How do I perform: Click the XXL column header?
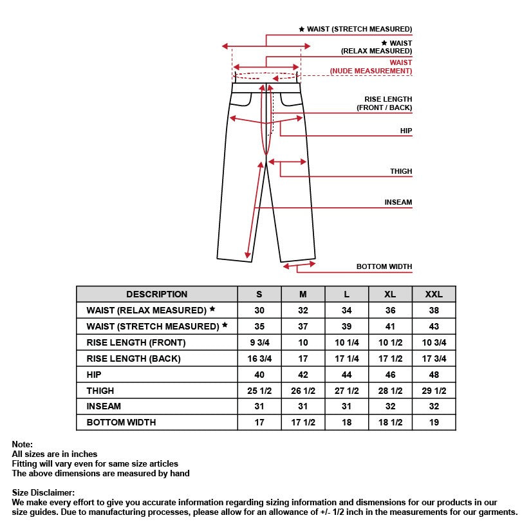[434, 294]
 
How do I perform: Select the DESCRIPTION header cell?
[156, 294]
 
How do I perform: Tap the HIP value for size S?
[259, 374]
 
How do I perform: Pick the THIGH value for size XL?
[390, 391]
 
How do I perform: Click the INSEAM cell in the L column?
[346, 406]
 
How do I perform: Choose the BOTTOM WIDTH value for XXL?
[434, 422]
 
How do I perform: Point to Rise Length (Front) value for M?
[303, 342]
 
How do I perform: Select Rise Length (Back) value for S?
[259, 359]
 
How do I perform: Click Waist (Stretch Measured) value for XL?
[390, 326]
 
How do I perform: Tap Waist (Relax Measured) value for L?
[346, 310]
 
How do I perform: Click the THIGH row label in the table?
[100, 391]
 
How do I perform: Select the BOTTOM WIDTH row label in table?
[121, 422]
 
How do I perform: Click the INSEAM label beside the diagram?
[398, 202]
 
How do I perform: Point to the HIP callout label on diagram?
[405, 131]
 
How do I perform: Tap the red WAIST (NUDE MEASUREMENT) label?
[372, 67]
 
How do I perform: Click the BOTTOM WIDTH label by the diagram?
[384, 266]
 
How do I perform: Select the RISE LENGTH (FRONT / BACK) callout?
[384, 103]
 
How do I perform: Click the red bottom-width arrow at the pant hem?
[299, 264]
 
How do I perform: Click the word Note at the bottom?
[22, 444]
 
